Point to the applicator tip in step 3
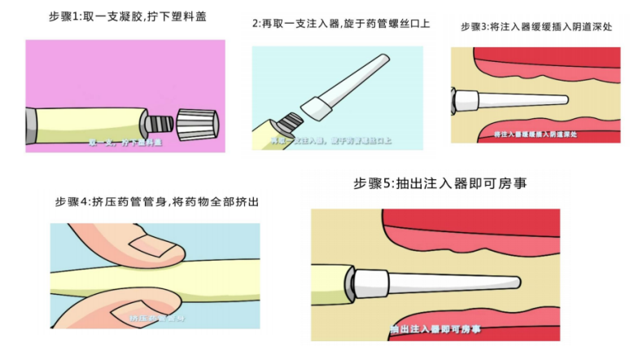(562, 101)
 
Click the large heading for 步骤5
(440, 183)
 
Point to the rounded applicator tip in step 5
(514, 283)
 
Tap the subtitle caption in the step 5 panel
(435, 329)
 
